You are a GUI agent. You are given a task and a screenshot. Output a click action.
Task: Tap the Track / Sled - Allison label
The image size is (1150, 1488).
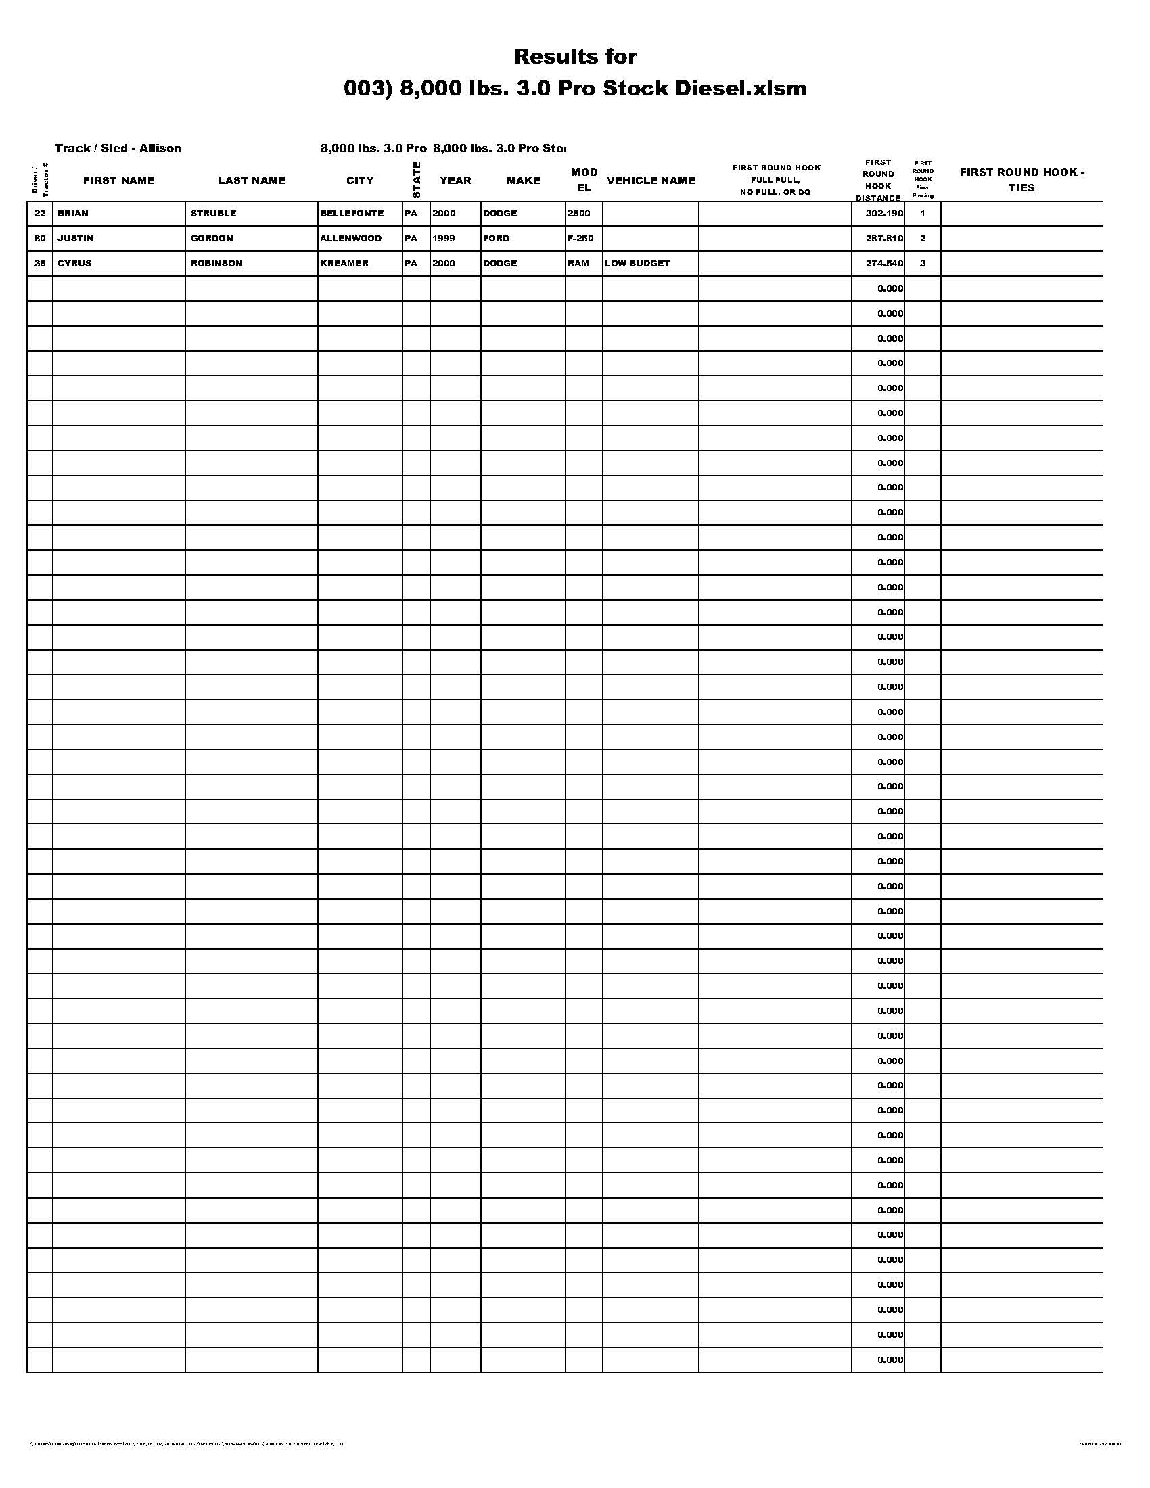(x=118, y=149)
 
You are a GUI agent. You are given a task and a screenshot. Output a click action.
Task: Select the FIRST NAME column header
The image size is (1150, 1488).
(x=118, y=181)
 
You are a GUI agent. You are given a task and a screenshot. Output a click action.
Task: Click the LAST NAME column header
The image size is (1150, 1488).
(x=252, y=181)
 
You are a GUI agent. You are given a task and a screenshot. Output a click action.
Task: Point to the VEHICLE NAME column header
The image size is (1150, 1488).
(x=651, y=181)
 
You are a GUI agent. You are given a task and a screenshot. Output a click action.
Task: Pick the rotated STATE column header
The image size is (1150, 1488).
(x=416, y=180)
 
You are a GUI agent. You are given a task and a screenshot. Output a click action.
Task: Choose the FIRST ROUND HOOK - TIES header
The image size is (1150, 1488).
(x=1021, y=180)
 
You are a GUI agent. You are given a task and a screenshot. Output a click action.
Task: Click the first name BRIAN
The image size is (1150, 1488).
(x=73, y=214)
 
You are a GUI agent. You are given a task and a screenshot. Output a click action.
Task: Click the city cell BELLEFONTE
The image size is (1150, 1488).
(x=352, y=214)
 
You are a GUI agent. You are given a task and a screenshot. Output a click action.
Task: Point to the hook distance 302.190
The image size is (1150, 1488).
(x=883, y=214)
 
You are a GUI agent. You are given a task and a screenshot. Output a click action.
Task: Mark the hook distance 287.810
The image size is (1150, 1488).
(x=883, y=239)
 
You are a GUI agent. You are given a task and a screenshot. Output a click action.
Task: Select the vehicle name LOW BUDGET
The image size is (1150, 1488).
(x=637, y=264)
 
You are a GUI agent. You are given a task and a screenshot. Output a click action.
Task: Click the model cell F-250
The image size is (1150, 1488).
(x=580, y=239)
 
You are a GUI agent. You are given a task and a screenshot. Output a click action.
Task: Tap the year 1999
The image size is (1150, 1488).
(x=444, y=239)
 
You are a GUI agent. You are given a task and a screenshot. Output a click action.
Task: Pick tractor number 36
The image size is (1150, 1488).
(x=40, y=264)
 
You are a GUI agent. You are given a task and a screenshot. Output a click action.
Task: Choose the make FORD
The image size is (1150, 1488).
(x=496, y=239)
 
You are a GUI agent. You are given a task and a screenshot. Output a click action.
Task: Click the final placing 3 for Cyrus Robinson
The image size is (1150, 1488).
(x=923, y=264)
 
